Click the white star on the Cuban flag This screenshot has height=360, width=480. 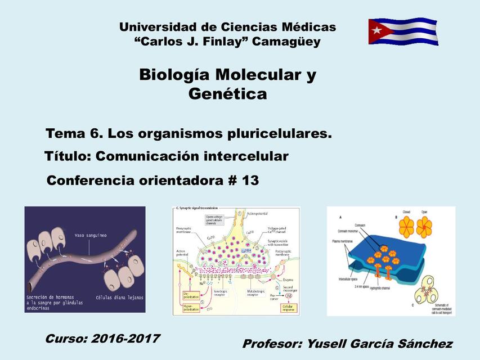click(x=376, y=30)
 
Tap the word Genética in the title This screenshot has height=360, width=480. click(x=227, y=94)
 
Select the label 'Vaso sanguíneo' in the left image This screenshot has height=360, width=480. click(x=91, y=235)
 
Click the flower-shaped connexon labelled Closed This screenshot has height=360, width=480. click(x=406, y=226)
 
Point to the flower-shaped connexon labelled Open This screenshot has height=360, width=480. click(x=424, y=227)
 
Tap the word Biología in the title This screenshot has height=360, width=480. click(x=174, y=75)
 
